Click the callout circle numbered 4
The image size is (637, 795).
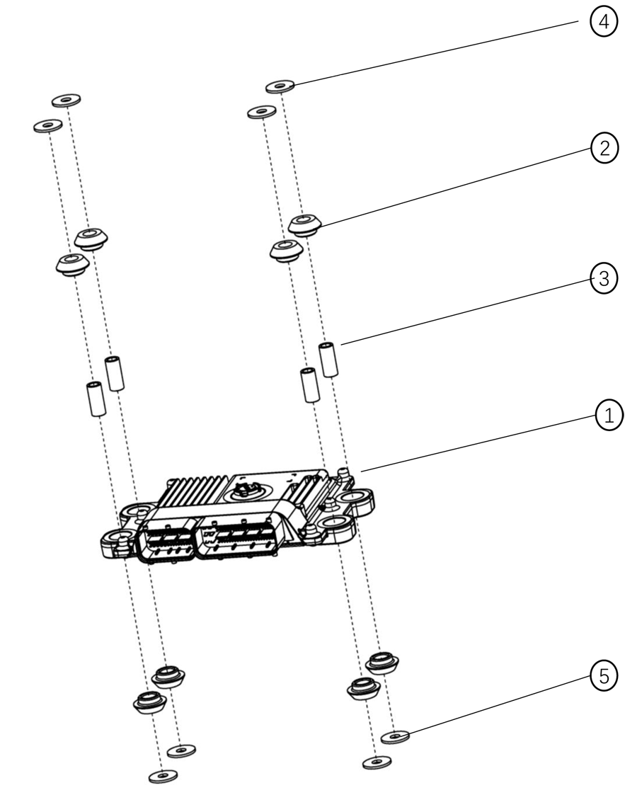point(604,23)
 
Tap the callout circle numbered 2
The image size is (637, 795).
point(604,148)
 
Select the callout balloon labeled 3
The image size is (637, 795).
point(604,278)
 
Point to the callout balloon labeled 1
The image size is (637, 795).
point(609,416)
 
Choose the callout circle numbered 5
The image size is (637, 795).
point(604,676)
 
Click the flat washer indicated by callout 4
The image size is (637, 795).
point(280,86)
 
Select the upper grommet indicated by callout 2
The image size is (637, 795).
point(304,224)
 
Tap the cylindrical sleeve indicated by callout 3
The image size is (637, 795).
point(328,360)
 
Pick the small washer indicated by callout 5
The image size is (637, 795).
point(395,736)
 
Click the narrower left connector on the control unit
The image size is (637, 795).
point(167,539)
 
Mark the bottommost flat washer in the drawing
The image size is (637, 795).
point(163,775)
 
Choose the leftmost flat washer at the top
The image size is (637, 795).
point(47,125)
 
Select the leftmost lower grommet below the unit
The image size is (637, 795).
point(149,702)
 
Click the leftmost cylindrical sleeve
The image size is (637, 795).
point(96,399)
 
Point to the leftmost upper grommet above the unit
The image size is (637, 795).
point(72,265)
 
